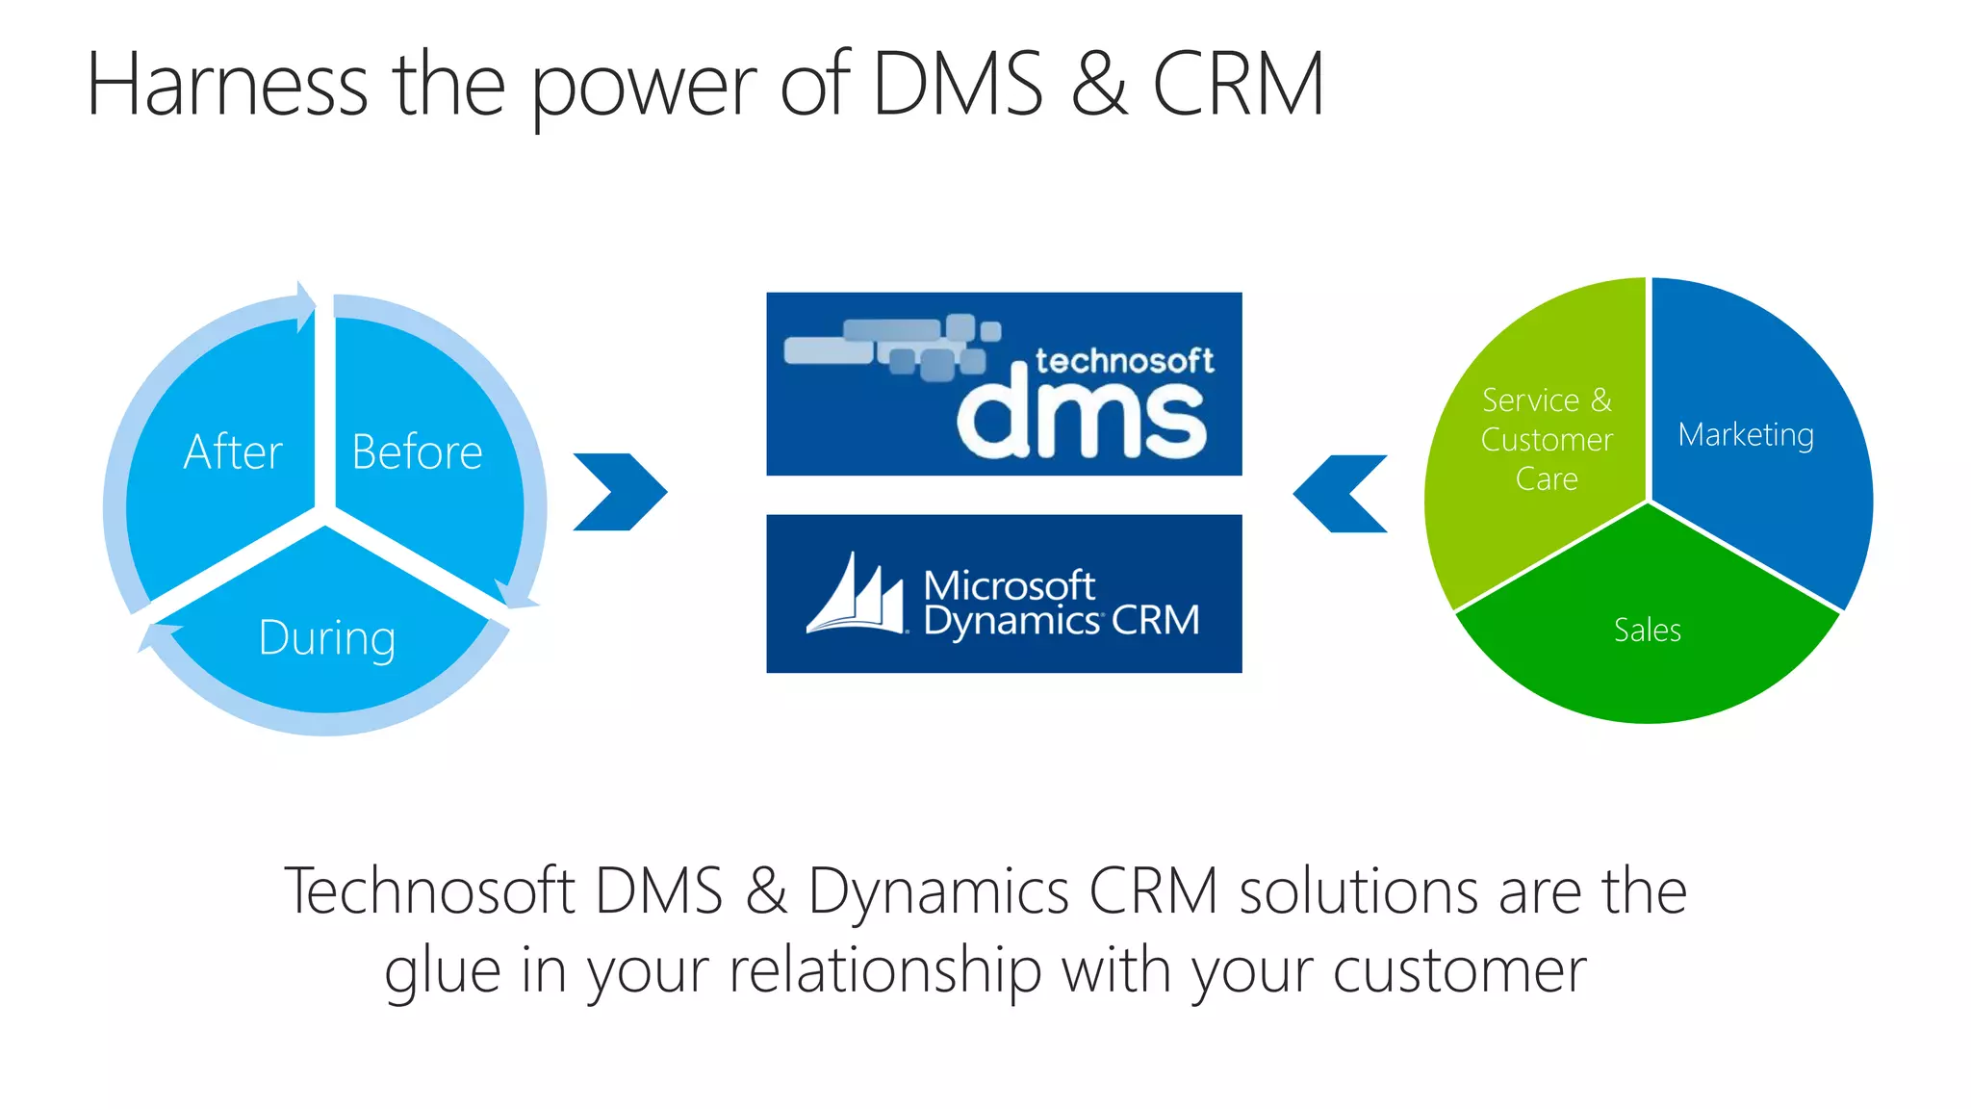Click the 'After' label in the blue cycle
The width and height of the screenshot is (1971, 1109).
pos(233,451)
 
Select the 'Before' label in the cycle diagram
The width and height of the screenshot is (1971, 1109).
pos(417,451)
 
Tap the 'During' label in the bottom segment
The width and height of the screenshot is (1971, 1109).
pos(327,638)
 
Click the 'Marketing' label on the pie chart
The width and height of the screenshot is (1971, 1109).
pos(1746,435)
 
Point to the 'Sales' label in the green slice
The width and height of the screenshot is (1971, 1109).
pos(1647,631)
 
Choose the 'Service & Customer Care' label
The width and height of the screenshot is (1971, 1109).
pos(1547,439)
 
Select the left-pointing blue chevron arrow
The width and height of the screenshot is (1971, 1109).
pos(1340,493)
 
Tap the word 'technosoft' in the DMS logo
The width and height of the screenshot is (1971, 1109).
pos(1124,361)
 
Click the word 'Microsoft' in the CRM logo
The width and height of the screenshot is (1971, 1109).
pos(1009,584)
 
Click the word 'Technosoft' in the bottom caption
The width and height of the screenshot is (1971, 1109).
pos(429,890)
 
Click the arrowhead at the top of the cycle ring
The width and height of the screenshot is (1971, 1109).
pos(306,306)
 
